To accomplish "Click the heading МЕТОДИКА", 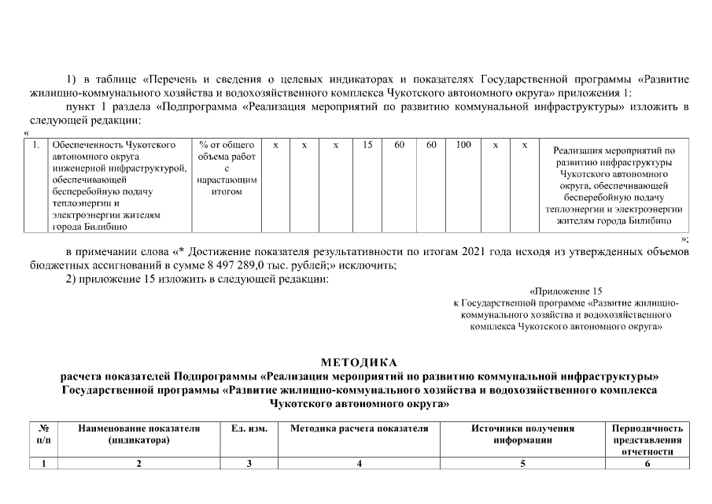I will [x=360, y=362].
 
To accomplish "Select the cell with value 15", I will [x=367, y=146].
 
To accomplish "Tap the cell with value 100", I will [x=463, y=146].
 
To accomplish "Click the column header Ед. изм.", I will [x=249, y=429].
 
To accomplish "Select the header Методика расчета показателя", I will [x=359, y=429].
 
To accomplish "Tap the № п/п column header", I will [x=44, y=435].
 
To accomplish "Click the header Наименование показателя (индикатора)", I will [x=138, y=435].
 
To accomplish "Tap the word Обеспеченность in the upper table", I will [x=87, y=146].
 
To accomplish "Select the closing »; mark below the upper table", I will [x=684, y=238].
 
